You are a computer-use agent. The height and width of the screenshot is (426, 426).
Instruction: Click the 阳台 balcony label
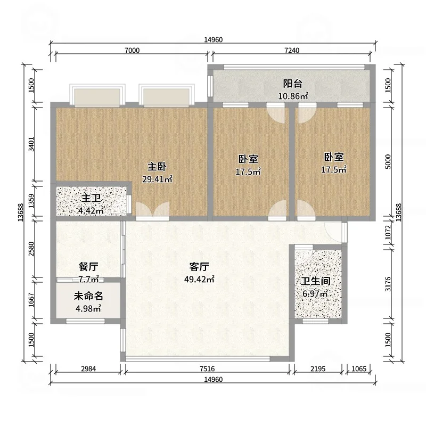point(292,84)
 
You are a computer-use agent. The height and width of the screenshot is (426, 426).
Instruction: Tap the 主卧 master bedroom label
point(157,167)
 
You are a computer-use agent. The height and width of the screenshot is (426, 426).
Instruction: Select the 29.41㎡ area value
point(157,179)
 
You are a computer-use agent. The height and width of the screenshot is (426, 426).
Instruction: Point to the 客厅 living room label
point(199,267)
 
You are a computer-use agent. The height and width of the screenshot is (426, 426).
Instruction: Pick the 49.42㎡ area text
point(199,279)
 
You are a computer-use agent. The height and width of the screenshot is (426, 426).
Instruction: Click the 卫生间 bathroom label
point(315,281)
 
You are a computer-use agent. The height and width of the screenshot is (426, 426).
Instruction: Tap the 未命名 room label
point(88,296)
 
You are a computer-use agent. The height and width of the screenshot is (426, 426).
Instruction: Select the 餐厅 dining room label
point(88,267)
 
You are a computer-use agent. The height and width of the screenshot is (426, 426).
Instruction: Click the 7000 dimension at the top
point(132,50)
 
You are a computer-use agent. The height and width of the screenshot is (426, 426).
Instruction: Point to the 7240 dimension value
point(292,50)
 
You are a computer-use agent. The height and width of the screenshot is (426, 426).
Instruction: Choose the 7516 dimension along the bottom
point(207,368)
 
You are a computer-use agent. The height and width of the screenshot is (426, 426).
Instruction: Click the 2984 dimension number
point(88,368)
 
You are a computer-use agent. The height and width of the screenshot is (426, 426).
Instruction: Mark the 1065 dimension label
point(359,368)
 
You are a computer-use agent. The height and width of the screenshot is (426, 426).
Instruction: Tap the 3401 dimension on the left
point(31,144)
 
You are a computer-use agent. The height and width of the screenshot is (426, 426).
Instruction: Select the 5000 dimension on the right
point(388,161)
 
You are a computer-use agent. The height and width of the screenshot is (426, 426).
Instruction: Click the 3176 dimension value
point(388,284)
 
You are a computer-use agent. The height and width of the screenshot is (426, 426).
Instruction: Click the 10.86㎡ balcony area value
point(293,96)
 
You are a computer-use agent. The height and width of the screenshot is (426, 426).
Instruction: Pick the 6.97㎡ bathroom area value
point(315,294)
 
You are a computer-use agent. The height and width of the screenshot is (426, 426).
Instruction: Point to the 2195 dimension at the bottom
point(318,368)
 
